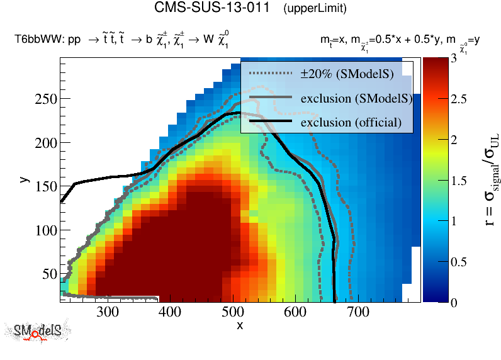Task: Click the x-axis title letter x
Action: pyautogui.click(x=240, y=325)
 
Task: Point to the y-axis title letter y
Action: pyautogui.click(x=23, y=179)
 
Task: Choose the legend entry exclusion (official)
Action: pyautogui.click(x=351, y=121)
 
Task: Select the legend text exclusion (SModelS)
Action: pyautogui.click(x=356, y=98)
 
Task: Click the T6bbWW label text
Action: pyautogui.click(x=38, y=40)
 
